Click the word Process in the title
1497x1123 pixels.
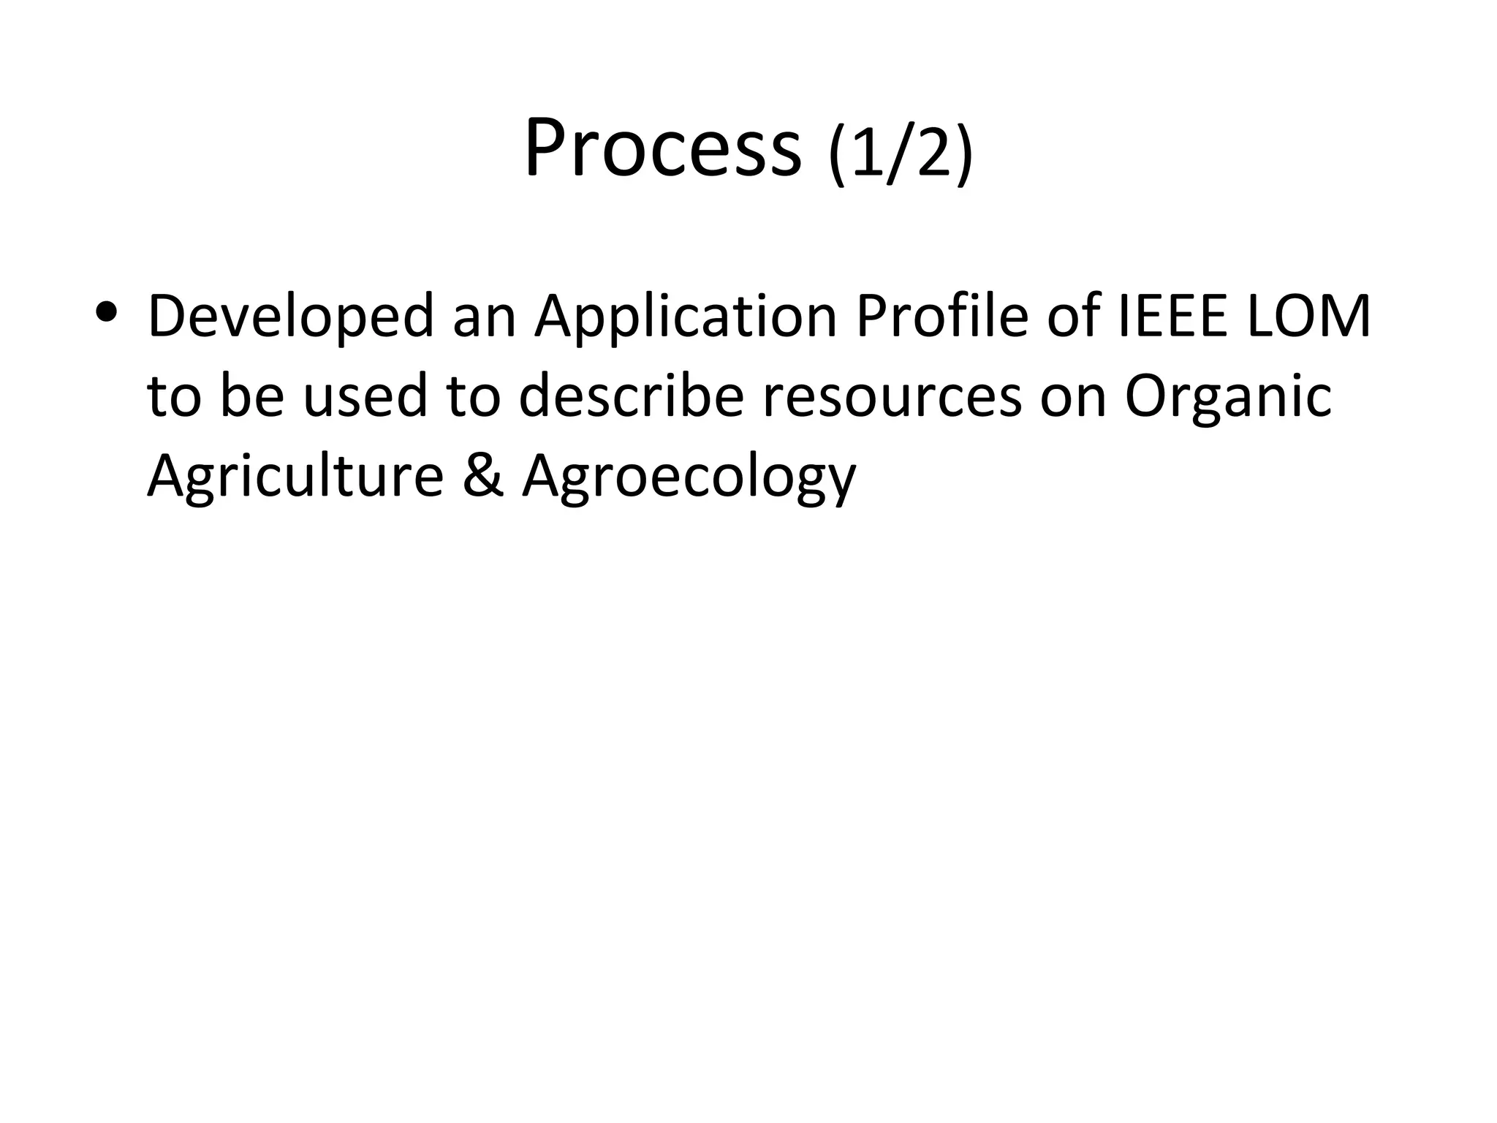[x=662, y=148]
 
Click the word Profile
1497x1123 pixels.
[x=942, y=317]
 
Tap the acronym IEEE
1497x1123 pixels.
[x=1172, y=317]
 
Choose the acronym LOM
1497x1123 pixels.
[x=1308, y=317]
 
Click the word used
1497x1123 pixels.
[x=365, y=396]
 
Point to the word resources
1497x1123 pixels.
[x=892, y=398]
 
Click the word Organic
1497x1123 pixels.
[x=1227, y=398]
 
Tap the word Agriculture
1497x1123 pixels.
[x=295, y=477]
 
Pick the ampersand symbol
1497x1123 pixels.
[x=483, y=476]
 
